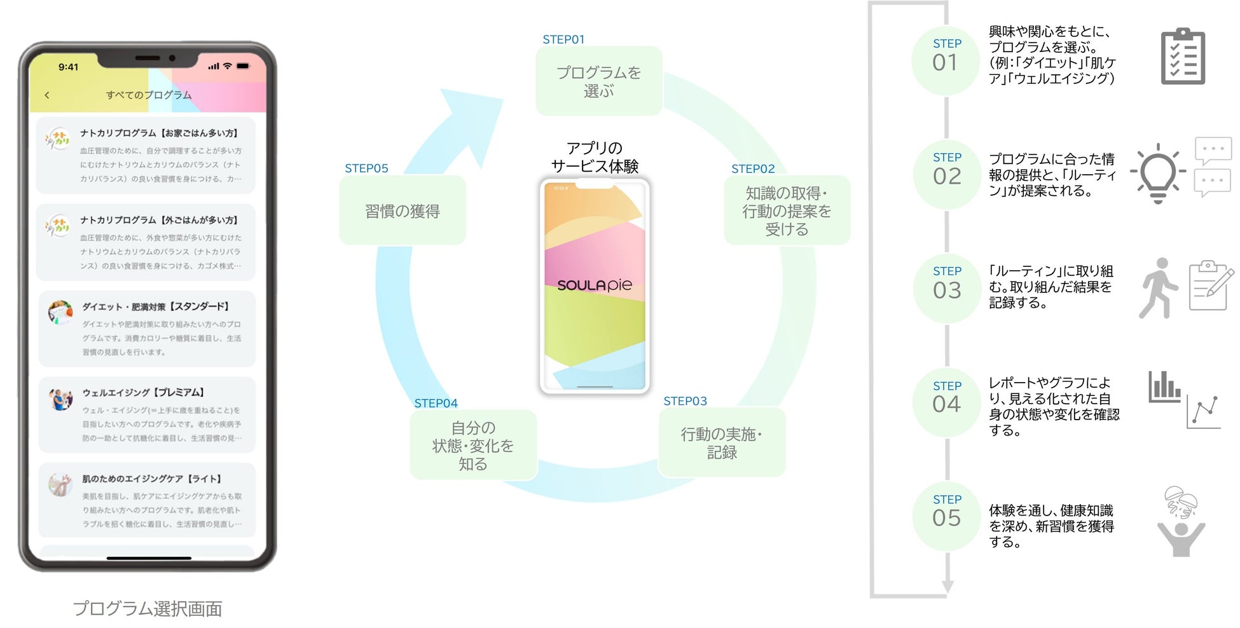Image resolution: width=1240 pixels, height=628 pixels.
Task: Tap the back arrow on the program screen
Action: coord(47,95)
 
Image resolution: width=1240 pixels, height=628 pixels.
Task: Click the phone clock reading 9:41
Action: coord(68,67)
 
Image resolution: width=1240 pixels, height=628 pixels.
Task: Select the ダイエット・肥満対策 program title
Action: coord(156,306)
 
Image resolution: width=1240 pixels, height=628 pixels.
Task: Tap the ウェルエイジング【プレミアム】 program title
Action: coord(143,393)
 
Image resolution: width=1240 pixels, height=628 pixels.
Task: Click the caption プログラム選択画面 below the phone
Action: coord(148,609)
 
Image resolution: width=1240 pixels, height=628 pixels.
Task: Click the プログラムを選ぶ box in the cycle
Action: coord(598,81)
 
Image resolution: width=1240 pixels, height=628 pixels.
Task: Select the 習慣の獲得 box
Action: coord(403,211)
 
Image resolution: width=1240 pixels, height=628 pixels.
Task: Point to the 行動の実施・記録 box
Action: coord(722,443)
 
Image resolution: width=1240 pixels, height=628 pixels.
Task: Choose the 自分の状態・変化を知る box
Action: coord(473,446)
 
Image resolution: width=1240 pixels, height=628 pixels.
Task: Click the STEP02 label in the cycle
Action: coord(753,169)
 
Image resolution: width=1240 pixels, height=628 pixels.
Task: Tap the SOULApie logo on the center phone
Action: coord(595,285)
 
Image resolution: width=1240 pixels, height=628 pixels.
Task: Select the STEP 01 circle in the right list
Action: coord(946,61)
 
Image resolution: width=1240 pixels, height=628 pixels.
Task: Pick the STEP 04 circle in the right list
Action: coord(946,403)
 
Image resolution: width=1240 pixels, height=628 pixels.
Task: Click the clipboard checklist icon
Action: coord(1183,57)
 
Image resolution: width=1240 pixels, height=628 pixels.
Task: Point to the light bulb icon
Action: coord(1158,172)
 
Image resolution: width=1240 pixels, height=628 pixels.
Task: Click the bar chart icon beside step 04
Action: coord(1164,387)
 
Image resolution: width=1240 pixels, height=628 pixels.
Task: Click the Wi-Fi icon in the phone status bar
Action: coord(227,66)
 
